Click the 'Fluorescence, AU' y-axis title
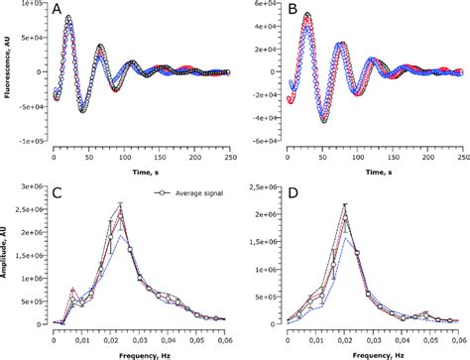click(7, 71)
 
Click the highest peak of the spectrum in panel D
click(345, 206)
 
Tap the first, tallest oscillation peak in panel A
click(69, 17)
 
